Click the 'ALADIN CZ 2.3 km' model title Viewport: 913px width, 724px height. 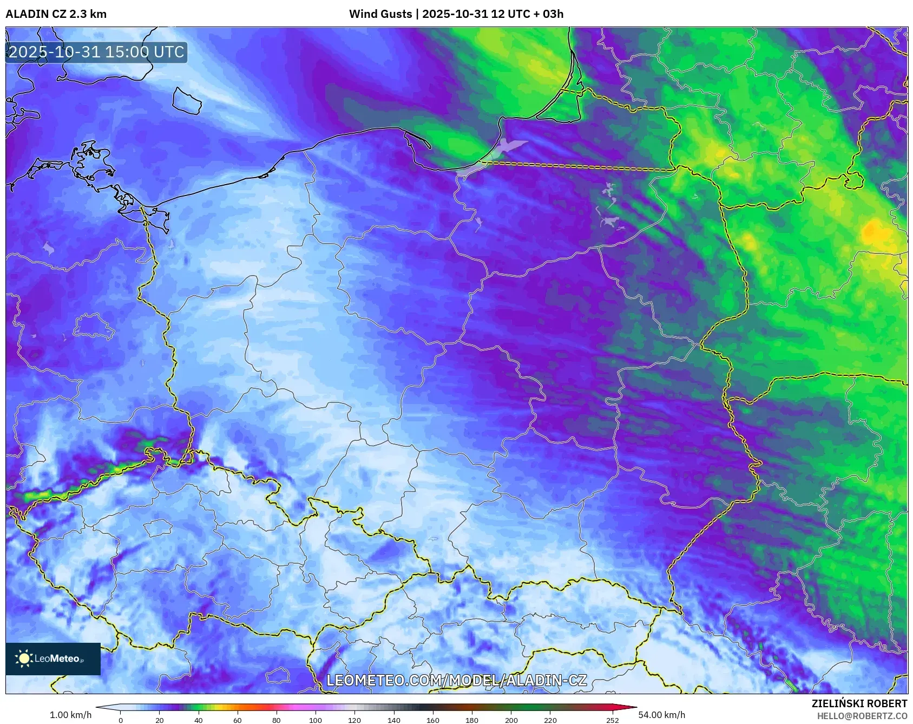(x=56, y=14)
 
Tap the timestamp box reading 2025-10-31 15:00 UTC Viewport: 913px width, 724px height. (x=96, y=52)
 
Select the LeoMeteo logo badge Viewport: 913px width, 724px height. (x=53, y=658)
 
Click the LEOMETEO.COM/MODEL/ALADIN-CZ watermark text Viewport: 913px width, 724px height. (x=456, y=680)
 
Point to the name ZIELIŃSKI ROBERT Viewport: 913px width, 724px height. (x=859, y=703)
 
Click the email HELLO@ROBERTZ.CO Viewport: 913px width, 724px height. (x=862, y=716)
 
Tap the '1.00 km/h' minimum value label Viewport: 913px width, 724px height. (x=70, y=715)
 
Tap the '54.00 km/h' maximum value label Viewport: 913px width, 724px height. (x=661, y=715)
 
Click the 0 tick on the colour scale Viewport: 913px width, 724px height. (x=121, y=720)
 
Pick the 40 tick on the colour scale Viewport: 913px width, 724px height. (x=199, y=720)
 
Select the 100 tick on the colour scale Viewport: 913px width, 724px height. (x=316, y=720)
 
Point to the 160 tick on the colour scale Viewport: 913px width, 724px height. (x=433, y=720)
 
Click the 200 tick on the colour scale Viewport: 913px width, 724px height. (x=511, y=720)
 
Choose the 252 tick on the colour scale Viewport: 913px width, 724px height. (x=612, y=720)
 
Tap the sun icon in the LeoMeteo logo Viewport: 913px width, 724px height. (x=24, y=658)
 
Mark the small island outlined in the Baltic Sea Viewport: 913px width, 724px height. (x=187, y=101)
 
